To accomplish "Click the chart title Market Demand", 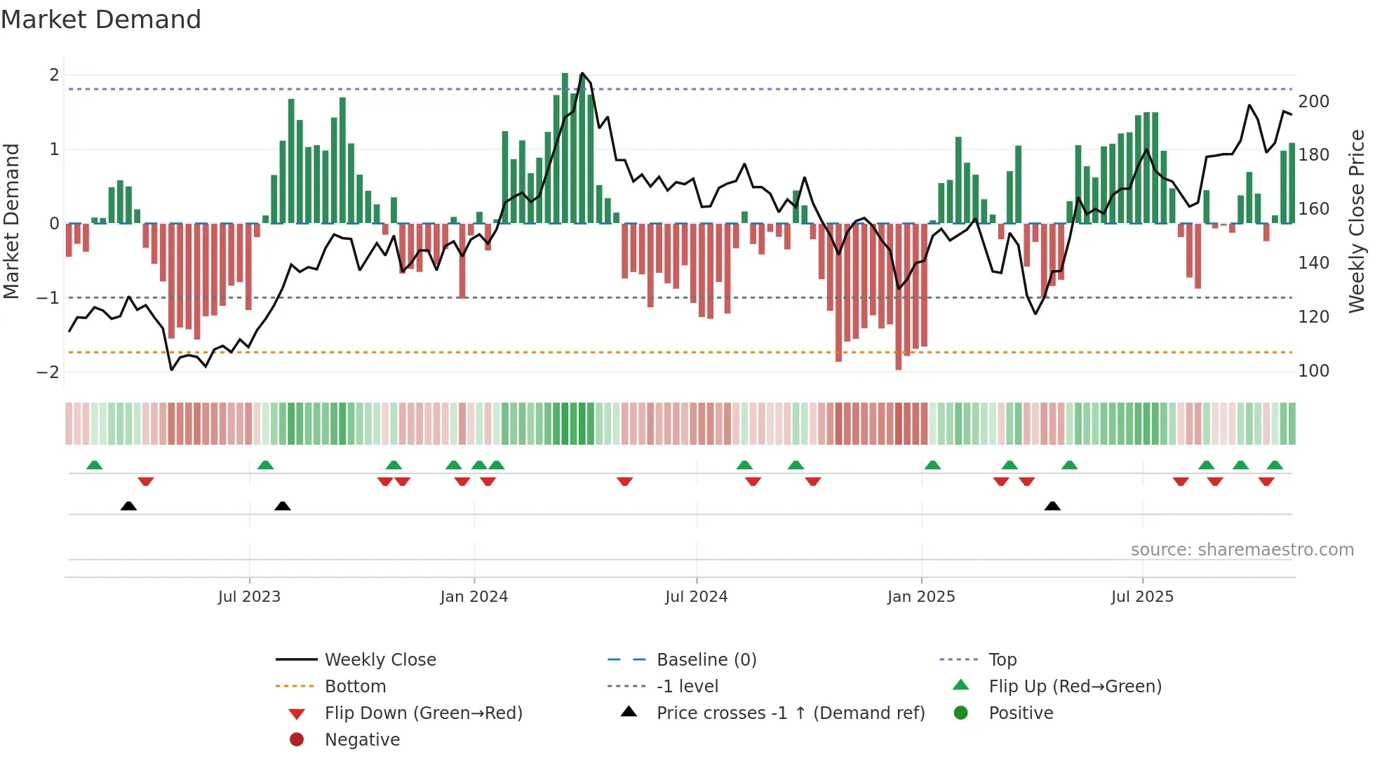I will coord(101,20).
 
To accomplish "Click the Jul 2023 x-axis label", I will coord(249,597).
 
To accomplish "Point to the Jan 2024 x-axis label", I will coord(474,597).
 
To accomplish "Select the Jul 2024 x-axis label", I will coord(696,597).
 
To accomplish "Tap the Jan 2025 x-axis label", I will coord(920,597).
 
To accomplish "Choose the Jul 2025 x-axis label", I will coord(1142,597).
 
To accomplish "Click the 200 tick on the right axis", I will coord(1313,102).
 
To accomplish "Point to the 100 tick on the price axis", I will coord(1313,371).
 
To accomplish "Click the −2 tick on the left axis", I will coord(48,372).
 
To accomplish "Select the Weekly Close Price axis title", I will coord(1357,221).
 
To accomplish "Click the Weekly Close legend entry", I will coord(380,660).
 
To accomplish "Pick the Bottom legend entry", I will coord(355,687).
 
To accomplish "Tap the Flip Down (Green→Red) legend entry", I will coord(423,713).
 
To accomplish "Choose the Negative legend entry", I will coord(362,740).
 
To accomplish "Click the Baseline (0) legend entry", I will coord(706,660).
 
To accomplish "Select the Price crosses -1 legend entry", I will coord(790,713).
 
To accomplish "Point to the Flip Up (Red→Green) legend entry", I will coord(1075,687).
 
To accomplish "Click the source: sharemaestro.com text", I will coord(1242,550).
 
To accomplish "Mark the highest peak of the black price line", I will coord(582,73).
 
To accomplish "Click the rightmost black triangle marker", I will coord(1052,506).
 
